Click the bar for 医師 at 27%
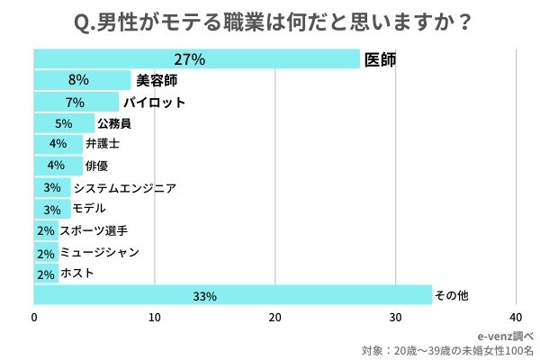click(x=196, y=60)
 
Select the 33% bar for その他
click(x=233, y=295)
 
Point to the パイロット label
click(x=154, y=102)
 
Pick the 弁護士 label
click(x=102, y=144)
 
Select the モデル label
click(x=89, y=209)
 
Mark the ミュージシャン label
click(x=98, y=252)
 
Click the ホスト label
click(x=76, y=274)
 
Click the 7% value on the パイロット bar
click(x=75, y=102)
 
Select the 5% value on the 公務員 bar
click(x=63, y=123)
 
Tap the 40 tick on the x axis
click(x=516, y=317)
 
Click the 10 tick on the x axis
click(x=155, y=317)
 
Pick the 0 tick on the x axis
click(x=34, y=317)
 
